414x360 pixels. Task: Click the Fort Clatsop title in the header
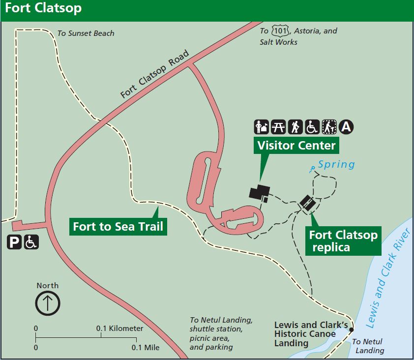[43, 9]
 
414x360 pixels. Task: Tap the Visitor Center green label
[296, 145]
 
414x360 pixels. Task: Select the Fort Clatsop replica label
[343, 241]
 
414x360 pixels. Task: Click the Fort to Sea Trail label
[118, 227]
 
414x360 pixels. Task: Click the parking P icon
[14, 242]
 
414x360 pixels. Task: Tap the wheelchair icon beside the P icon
[31, 242]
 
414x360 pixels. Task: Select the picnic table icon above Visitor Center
[278, 127]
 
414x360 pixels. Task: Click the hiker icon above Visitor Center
[295, 127]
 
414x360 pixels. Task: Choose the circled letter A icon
[347, 127]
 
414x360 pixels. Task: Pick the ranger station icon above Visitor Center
[261, 127]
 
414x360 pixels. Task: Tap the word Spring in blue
[336, 164]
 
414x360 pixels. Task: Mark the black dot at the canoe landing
[352, 330]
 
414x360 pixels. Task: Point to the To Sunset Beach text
[86, 33]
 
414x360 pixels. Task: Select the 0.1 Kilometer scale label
[120, 329]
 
